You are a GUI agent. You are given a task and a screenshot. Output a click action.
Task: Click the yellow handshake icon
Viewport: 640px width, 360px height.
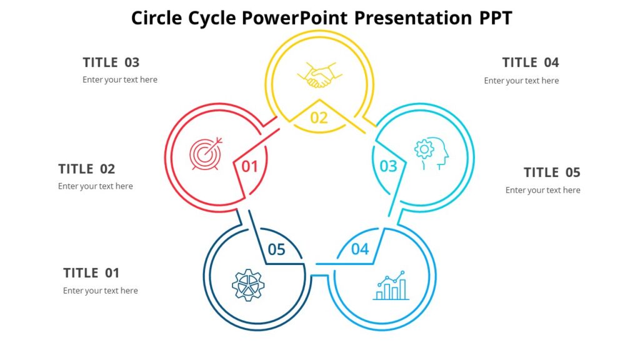point(319,76)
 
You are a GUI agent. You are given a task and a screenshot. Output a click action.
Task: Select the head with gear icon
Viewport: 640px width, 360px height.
point(431,154)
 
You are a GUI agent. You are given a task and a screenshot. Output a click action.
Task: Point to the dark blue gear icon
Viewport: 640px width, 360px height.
point(248,286)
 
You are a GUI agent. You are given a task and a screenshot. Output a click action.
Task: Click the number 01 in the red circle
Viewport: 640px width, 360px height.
point(250,166)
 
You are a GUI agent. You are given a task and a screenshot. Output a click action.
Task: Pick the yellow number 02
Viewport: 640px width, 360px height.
point(319,117)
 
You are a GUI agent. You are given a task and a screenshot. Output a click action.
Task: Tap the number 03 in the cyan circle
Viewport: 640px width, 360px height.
point(388,166)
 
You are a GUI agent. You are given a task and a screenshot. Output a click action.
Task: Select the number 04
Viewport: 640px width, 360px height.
point(360,249)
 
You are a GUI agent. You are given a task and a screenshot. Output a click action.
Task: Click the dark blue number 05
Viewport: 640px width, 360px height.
point(276,250)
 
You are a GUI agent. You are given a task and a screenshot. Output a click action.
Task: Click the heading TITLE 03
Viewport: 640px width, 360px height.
point(111,62)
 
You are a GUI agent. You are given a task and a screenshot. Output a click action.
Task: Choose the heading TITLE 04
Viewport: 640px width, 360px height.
point(531,62)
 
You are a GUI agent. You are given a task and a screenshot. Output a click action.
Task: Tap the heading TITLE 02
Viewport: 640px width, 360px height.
point(87,169)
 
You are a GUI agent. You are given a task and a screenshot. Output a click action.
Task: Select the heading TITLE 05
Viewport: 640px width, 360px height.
point(552,172)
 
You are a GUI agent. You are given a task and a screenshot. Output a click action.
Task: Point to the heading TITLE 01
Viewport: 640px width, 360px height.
point(91,273)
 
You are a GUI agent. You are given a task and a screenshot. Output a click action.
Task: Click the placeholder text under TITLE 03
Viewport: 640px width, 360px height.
point(120,80)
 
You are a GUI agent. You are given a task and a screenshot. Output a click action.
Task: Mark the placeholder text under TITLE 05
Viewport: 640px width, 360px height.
point(542,190)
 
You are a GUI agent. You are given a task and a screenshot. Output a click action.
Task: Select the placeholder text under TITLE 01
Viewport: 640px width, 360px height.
point(101,291)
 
